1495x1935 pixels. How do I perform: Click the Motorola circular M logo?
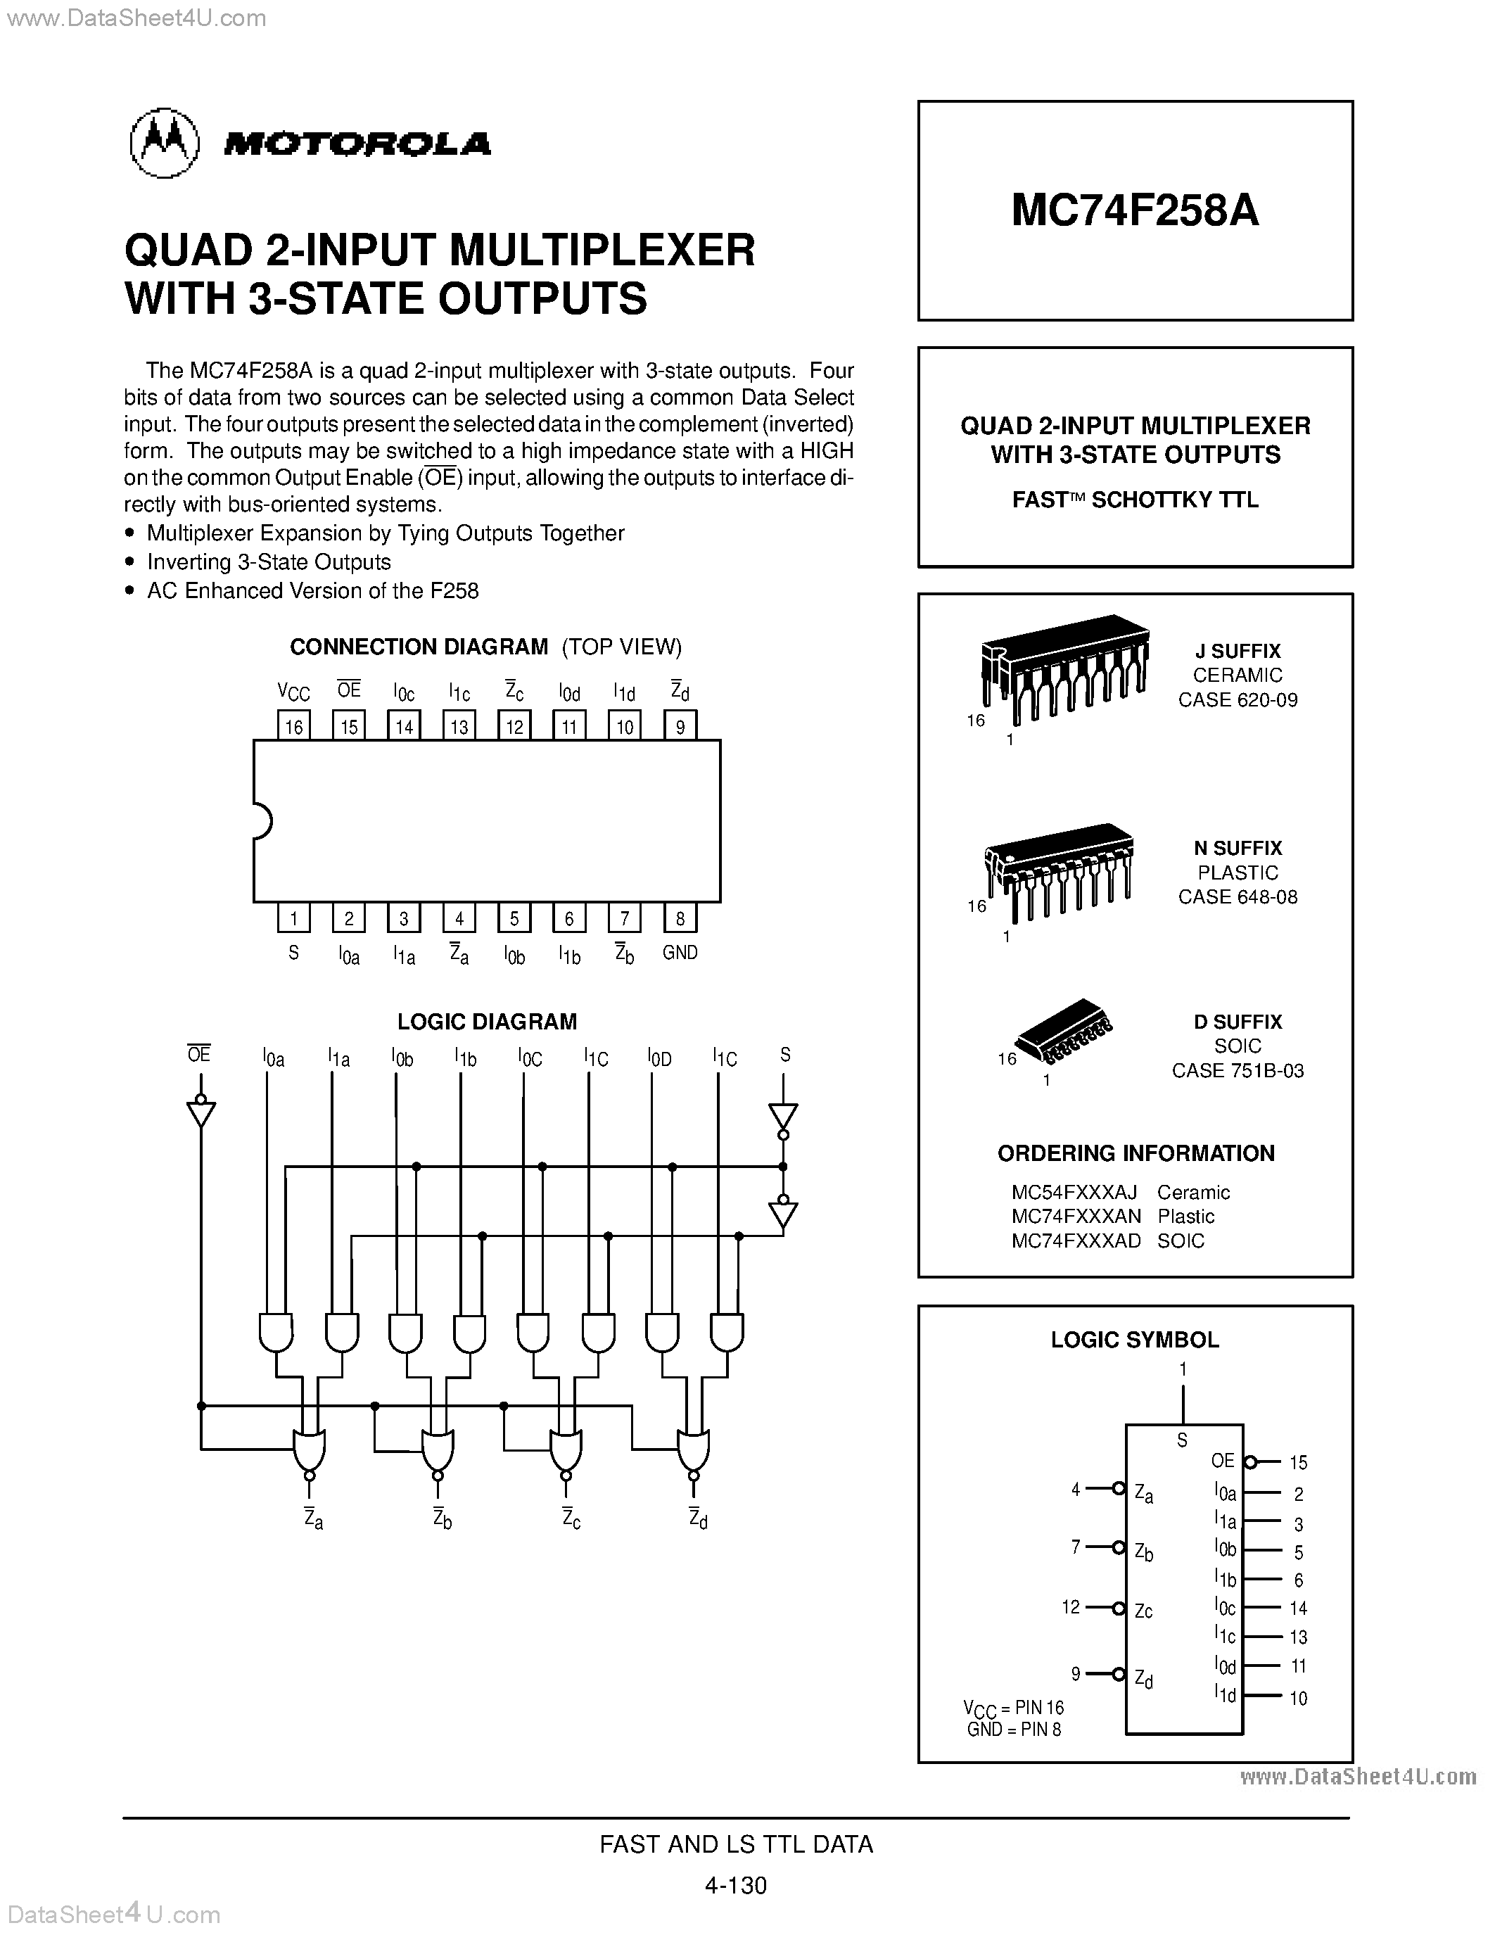164,144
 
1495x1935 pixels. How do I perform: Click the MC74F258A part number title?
1135,211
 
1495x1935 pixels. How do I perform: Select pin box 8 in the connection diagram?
680,918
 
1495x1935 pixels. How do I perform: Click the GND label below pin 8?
680,953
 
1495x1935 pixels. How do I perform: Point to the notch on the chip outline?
261,820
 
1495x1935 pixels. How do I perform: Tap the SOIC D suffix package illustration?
1063,1032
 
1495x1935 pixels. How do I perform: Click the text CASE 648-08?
1238,896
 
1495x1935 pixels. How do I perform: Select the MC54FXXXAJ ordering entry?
1074,1192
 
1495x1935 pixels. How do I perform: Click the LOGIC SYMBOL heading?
1135,1340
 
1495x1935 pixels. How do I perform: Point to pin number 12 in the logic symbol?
1071,1606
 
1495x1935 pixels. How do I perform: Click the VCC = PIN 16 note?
1013,1707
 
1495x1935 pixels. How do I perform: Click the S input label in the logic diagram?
784,1054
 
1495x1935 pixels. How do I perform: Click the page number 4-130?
735,1884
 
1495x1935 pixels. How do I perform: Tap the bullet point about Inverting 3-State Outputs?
268,562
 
